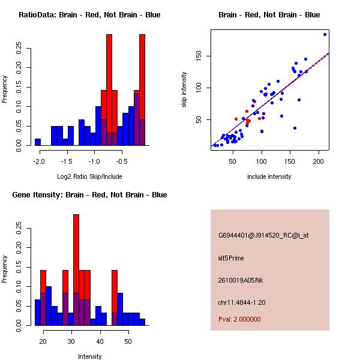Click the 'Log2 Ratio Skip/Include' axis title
point(89,176)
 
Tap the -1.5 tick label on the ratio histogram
point(67,161)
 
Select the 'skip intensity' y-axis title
point(184,90)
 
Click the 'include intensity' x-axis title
point(269,176)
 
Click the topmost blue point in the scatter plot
point(325,34)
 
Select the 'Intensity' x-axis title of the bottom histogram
point(89,356)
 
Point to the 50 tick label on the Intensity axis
point(127,341)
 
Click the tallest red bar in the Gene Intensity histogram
point(76,252)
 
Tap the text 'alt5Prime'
point(231,258)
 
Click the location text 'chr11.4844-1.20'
point(241,302)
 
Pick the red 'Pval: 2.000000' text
point(239,319)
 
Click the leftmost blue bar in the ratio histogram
point(38,142)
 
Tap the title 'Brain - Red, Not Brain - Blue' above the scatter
point(269,15)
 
